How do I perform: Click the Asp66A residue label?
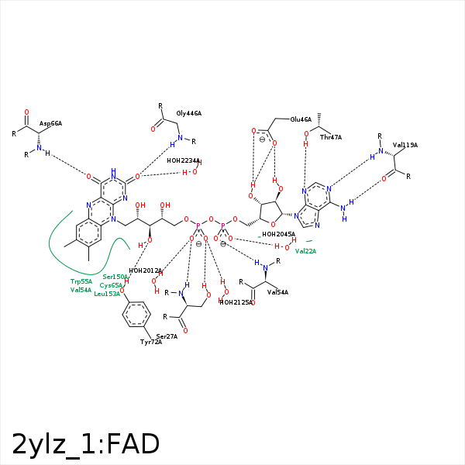[x=50, y=123]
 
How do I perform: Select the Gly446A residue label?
[x=188, y=113]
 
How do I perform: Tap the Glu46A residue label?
[x=301, y=119]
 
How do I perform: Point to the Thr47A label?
[x=330, y=137]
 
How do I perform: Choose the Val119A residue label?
[x=405, y=145]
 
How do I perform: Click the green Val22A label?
[x=305, y=251]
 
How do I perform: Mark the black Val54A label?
[x=277, y=292]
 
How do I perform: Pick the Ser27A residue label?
[x=167, y=336]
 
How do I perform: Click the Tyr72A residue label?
[x=151, y=342]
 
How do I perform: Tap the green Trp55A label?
[x=81, y=281]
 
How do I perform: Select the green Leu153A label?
[x=107, y=294]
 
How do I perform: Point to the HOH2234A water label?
[x=184, y=160]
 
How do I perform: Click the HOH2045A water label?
[x=278, y=234]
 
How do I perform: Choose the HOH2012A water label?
[x=145, y=270]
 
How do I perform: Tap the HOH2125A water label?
[x=236, y=302]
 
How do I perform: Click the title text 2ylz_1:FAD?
[x=85, y=444]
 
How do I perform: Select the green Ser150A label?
[x=115, y=277]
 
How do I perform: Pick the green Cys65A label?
[x=112, y=285]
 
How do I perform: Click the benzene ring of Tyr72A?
[x=137, y=315]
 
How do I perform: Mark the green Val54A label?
[x=81, y=290]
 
